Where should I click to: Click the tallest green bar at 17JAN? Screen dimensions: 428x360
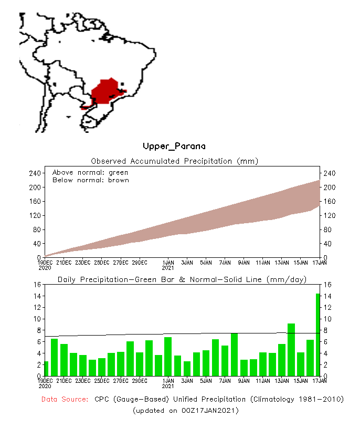[318, 335]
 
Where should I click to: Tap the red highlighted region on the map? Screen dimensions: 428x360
[107, 91]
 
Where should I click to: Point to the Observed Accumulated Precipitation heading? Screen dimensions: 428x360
[175, 161]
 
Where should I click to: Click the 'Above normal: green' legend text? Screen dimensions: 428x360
[90, 172]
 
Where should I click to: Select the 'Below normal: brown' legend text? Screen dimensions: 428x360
[90, 180]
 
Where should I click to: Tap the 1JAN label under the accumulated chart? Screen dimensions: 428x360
[168, 262]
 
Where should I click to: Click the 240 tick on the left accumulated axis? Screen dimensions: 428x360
[35, 173]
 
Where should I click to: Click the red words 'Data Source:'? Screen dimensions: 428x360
[65, 400]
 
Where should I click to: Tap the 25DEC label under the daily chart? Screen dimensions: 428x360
[102, 381]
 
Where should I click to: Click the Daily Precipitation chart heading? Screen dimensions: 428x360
[182, 279]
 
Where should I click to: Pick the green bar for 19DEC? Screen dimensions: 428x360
[46, 369]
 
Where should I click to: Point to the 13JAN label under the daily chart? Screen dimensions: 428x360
[282, 381]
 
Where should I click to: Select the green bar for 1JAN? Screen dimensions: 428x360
[168, 357]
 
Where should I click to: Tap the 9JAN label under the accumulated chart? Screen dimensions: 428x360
[244, 262]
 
